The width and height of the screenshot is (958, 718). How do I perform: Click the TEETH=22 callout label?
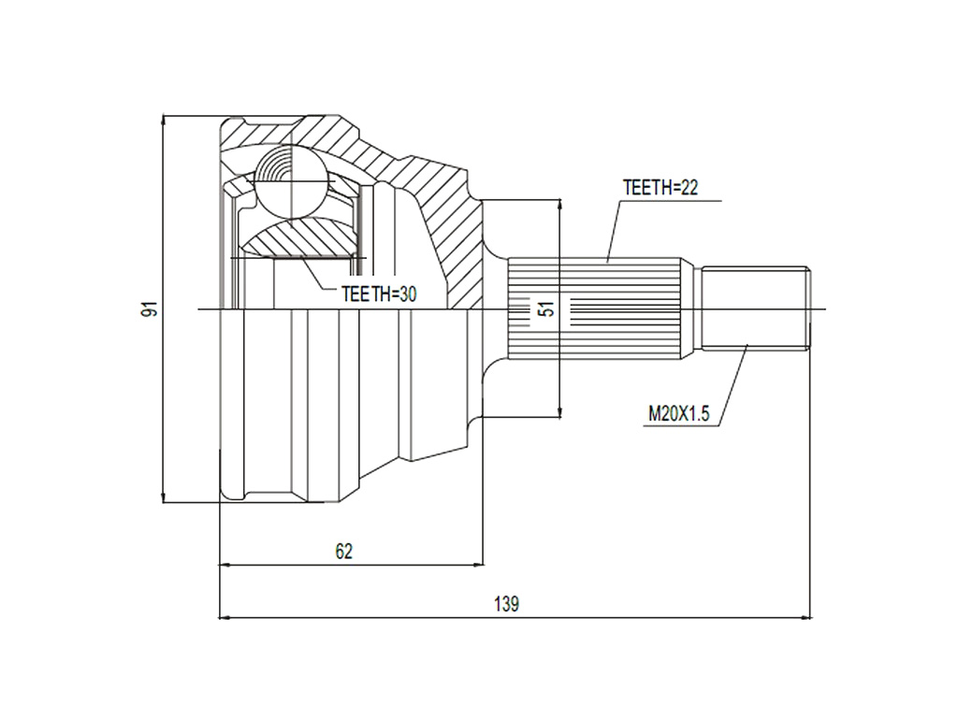click(x=660, y=187)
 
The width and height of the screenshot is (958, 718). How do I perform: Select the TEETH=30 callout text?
click(x=379, y=294)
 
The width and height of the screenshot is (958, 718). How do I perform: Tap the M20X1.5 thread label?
click(x=679, y=414)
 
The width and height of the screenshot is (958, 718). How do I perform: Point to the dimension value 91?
click(x=150, y=309)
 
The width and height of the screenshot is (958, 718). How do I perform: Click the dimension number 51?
click(x=548, y=309)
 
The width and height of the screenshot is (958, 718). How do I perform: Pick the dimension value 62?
click(x=344, y=552)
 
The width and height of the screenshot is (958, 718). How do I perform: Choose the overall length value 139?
click(x=506, y=604)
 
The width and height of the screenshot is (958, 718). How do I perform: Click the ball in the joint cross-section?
click(x=288, y=181)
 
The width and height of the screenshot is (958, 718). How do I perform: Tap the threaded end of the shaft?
click(x=756, y=309)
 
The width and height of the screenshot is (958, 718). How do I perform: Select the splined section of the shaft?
click(x=595, y=309)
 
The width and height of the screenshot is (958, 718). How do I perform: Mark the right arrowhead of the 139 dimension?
click(x=806, y=618)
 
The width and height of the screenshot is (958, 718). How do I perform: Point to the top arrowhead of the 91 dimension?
click(x=163, y=122)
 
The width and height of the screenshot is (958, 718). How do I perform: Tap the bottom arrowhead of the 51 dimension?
click(x=559, y=411)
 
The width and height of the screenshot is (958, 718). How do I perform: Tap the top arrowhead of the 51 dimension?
click(x=559, y=207)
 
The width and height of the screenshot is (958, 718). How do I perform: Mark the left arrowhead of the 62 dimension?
click(x=226, y=565)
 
